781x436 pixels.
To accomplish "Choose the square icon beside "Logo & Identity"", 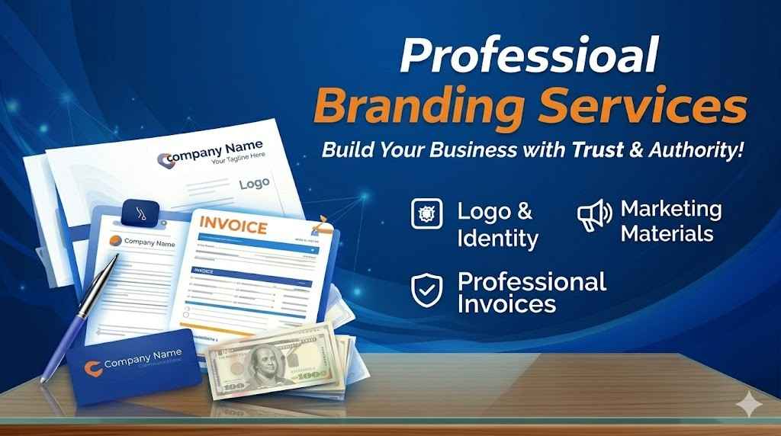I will click(x=426, y=214).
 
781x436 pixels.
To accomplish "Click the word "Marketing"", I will click(x=671, y=208).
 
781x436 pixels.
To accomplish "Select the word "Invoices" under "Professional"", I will click(x=506, y=304).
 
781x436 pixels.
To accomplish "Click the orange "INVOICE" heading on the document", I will click(x=233, y=227).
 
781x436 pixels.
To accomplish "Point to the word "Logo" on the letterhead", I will click(x=255, y=184).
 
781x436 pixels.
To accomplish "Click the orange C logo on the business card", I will click(x=93, y=365).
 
